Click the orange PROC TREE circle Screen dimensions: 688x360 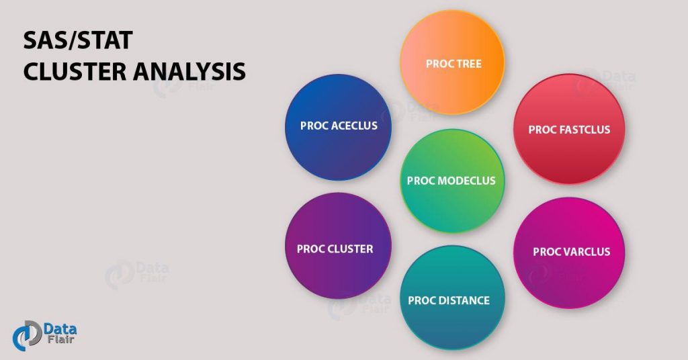click(452, 62)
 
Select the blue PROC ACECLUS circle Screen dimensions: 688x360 click(339, 127)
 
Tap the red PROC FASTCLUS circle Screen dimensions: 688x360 click(569, 129)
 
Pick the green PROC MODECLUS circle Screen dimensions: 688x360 click(452, 181)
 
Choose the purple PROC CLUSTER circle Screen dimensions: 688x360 click(338, 246)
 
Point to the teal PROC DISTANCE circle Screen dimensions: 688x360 click(452, 298)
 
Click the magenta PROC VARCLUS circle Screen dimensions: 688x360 click(569, 253)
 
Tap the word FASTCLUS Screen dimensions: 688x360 click(585, 130)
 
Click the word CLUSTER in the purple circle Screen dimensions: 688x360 click(351, 249)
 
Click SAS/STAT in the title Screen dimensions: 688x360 click(78, 40)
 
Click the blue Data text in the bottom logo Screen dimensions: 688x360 click(60, 329)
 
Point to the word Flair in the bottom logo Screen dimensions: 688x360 click(60, 339)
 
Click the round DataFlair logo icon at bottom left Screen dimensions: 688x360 click(27, 335)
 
